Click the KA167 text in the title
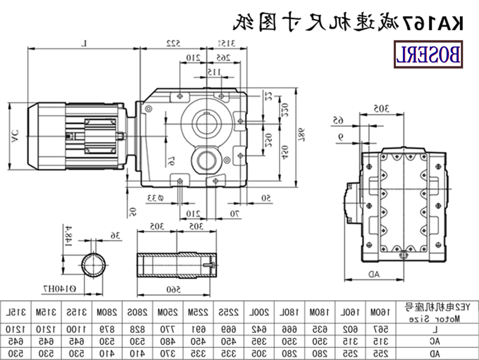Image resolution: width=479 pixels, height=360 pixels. [439, 24]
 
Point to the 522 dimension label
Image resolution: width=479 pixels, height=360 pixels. [173, 43]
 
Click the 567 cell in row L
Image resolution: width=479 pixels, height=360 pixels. [377, 329]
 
